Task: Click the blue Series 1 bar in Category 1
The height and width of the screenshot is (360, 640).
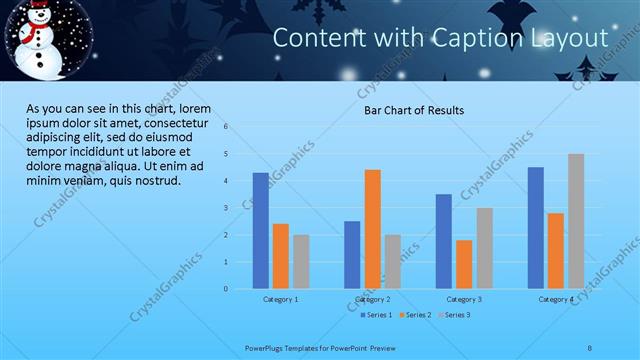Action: point(260,231)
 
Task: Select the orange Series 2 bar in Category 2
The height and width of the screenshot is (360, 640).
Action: point(372,229)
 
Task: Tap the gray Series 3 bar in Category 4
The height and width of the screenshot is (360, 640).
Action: point(576,221)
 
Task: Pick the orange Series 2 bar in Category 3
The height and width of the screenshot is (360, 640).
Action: point(464,264)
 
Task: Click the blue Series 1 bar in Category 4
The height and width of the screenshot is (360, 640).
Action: point(536,228)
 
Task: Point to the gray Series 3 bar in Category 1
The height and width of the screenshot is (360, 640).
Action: point(301,262)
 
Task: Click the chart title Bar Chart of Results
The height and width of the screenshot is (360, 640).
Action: point(413,110)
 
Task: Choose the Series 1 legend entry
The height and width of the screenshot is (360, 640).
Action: point(375,315)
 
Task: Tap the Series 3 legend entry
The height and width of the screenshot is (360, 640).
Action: point(453,315)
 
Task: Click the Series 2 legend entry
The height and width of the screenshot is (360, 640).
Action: point(414,315)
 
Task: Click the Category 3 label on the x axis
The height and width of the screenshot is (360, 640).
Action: point(463,299)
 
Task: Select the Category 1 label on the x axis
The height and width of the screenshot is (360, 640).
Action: point(280,299)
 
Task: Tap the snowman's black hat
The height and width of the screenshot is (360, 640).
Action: point(38,10)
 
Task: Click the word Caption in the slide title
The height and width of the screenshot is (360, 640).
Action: point(476,38)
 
